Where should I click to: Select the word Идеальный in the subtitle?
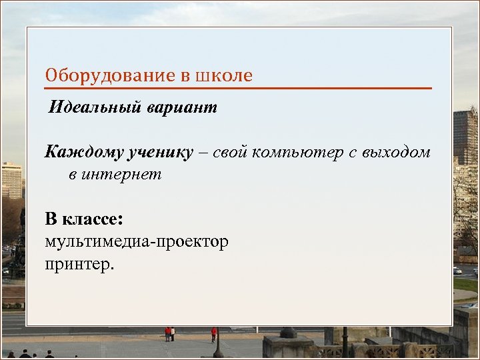91,108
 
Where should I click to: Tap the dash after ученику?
202,153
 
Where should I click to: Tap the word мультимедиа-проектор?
137,241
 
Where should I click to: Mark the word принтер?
79,264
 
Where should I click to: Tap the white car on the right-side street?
457,271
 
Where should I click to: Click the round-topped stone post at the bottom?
288,332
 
